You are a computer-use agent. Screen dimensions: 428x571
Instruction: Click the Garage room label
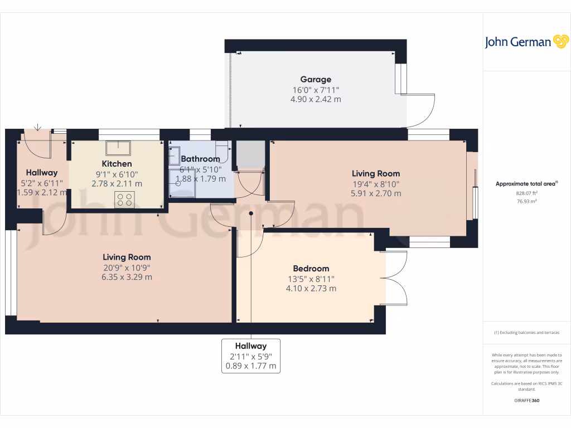(x=316, y=80)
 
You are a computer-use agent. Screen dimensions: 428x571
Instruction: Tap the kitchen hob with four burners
(x=124, y=200)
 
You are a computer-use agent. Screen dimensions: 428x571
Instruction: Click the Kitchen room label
(x=117, y=164)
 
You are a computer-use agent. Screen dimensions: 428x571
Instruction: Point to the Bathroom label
(x=200, y=159)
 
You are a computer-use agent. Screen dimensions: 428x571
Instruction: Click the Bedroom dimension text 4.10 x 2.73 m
(x=311, y=289)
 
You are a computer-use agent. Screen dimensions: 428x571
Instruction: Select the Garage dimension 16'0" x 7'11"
(x=316, y=90)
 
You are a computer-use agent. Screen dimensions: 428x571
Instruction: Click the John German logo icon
(x=560, y=41)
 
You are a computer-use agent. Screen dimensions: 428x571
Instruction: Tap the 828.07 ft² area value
(x=526, y=193)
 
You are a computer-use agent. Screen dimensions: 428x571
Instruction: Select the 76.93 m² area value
(x=526, y=201)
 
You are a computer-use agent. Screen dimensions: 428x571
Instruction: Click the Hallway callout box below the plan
(x=250, y=356)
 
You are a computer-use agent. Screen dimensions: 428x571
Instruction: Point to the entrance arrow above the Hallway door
(x=37, y=127)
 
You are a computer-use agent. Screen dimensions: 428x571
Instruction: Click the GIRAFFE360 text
(x=526, y=400)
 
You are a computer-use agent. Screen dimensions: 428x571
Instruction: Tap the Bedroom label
(x=311, y=269)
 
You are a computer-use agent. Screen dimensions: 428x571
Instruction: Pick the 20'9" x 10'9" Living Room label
(x=127, y=267)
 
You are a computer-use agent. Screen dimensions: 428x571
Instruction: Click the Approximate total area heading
(x=526, y=184)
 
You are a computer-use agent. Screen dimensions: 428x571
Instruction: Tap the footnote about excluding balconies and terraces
(x=526, y=333)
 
